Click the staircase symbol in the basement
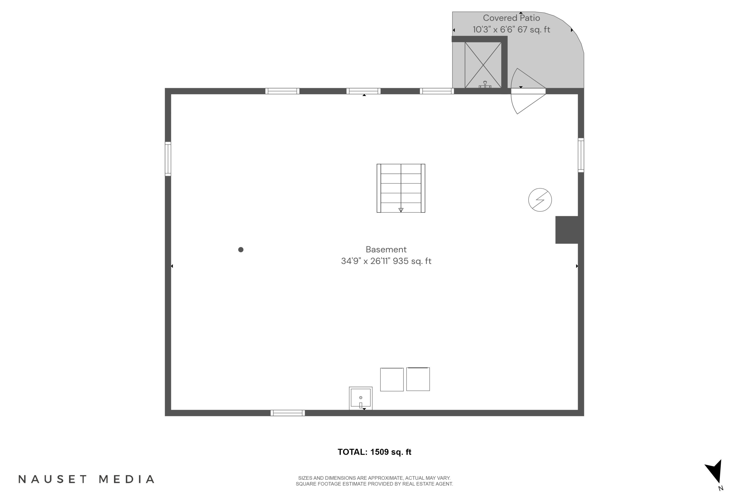coord(401,188)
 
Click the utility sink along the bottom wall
coord(361,398)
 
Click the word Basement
coord(386,249)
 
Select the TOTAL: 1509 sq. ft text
coord(374,452)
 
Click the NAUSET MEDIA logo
coord(86,479)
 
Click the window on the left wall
coord(168,159)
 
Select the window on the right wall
coord(581,155)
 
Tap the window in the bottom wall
coord(288,413)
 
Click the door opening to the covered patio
coord(528,91)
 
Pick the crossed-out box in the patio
coord(483,65)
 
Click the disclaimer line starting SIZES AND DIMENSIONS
coord(374,478)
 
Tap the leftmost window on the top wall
coord(282,91)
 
